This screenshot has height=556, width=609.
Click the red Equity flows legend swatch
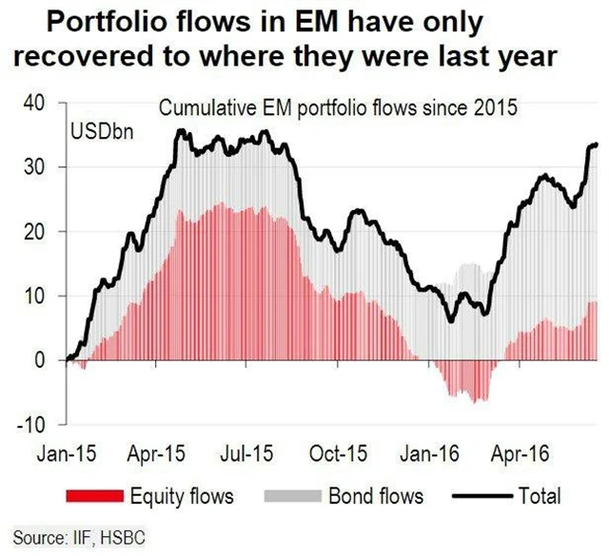(95, 495)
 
